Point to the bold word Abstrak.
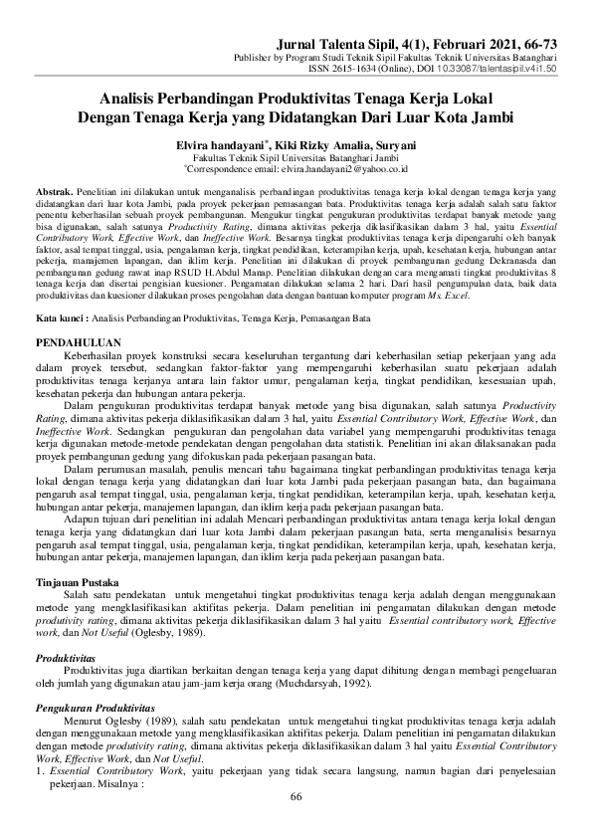[x=54, y=189]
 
